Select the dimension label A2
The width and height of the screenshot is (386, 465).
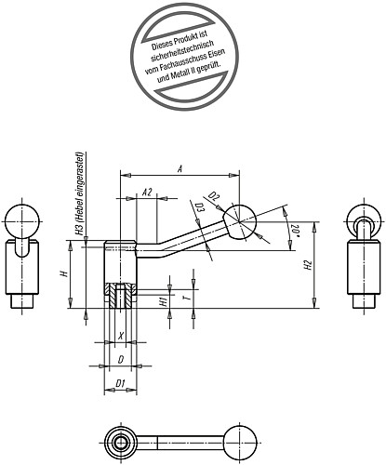click(x=147, y=193)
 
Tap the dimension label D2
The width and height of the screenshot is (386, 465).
click(x=214, y=197)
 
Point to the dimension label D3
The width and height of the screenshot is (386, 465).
click(x=199, y=210)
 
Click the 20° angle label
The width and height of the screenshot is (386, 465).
click(x=295, y=229)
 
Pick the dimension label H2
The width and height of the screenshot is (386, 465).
click(x=308, y=267)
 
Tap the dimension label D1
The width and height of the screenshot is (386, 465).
click(x=120, y=382)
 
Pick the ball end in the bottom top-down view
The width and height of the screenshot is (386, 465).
click(x=246, y=443)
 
